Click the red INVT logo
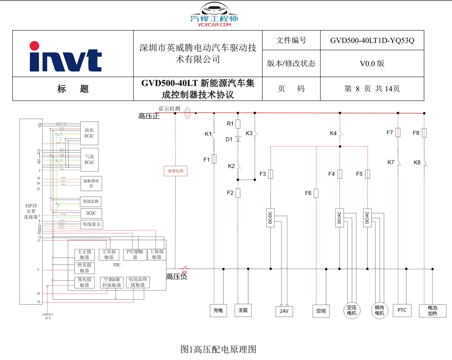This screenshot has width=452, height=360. pos(65,57)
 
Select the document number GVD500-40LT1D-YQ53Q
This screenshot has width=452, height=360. pos(372,41)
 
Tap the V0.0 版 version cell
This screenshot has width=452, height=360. pos(372,63)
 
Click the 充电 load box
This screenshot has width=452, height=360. pos(218,310)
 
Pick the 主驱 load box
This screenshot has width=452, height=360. pos(243,310)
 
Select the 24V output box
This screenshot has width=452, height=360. pos(284,311)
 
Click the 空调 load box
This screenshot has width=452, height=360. pos(320,310)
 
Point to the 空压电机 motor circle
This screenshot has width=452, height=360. pos(352,310)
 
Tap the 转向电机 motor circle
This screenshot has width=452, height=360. pos(379,310)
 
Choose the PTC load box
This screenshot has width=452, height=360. pos(402,310)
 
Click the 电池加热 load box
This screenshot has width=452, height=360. pos(432,310)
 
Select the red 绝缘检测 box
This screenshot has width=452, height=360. pos(175,170)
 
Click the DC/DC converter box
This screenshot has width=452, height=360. pos(270,218)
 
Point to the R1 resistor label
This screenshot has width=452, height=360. pos(230,123)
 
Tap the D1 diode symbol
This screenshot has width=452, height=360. pos(238,139)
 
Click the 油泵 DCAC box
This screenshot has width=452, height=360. pos(89,133)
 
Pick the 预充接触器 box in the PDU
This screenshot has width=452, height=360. pos(84,282)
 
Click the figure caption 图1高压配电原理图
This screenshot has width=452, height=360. pos(218,349)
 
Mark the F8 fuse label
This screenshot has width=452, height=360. pos(416,133)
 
